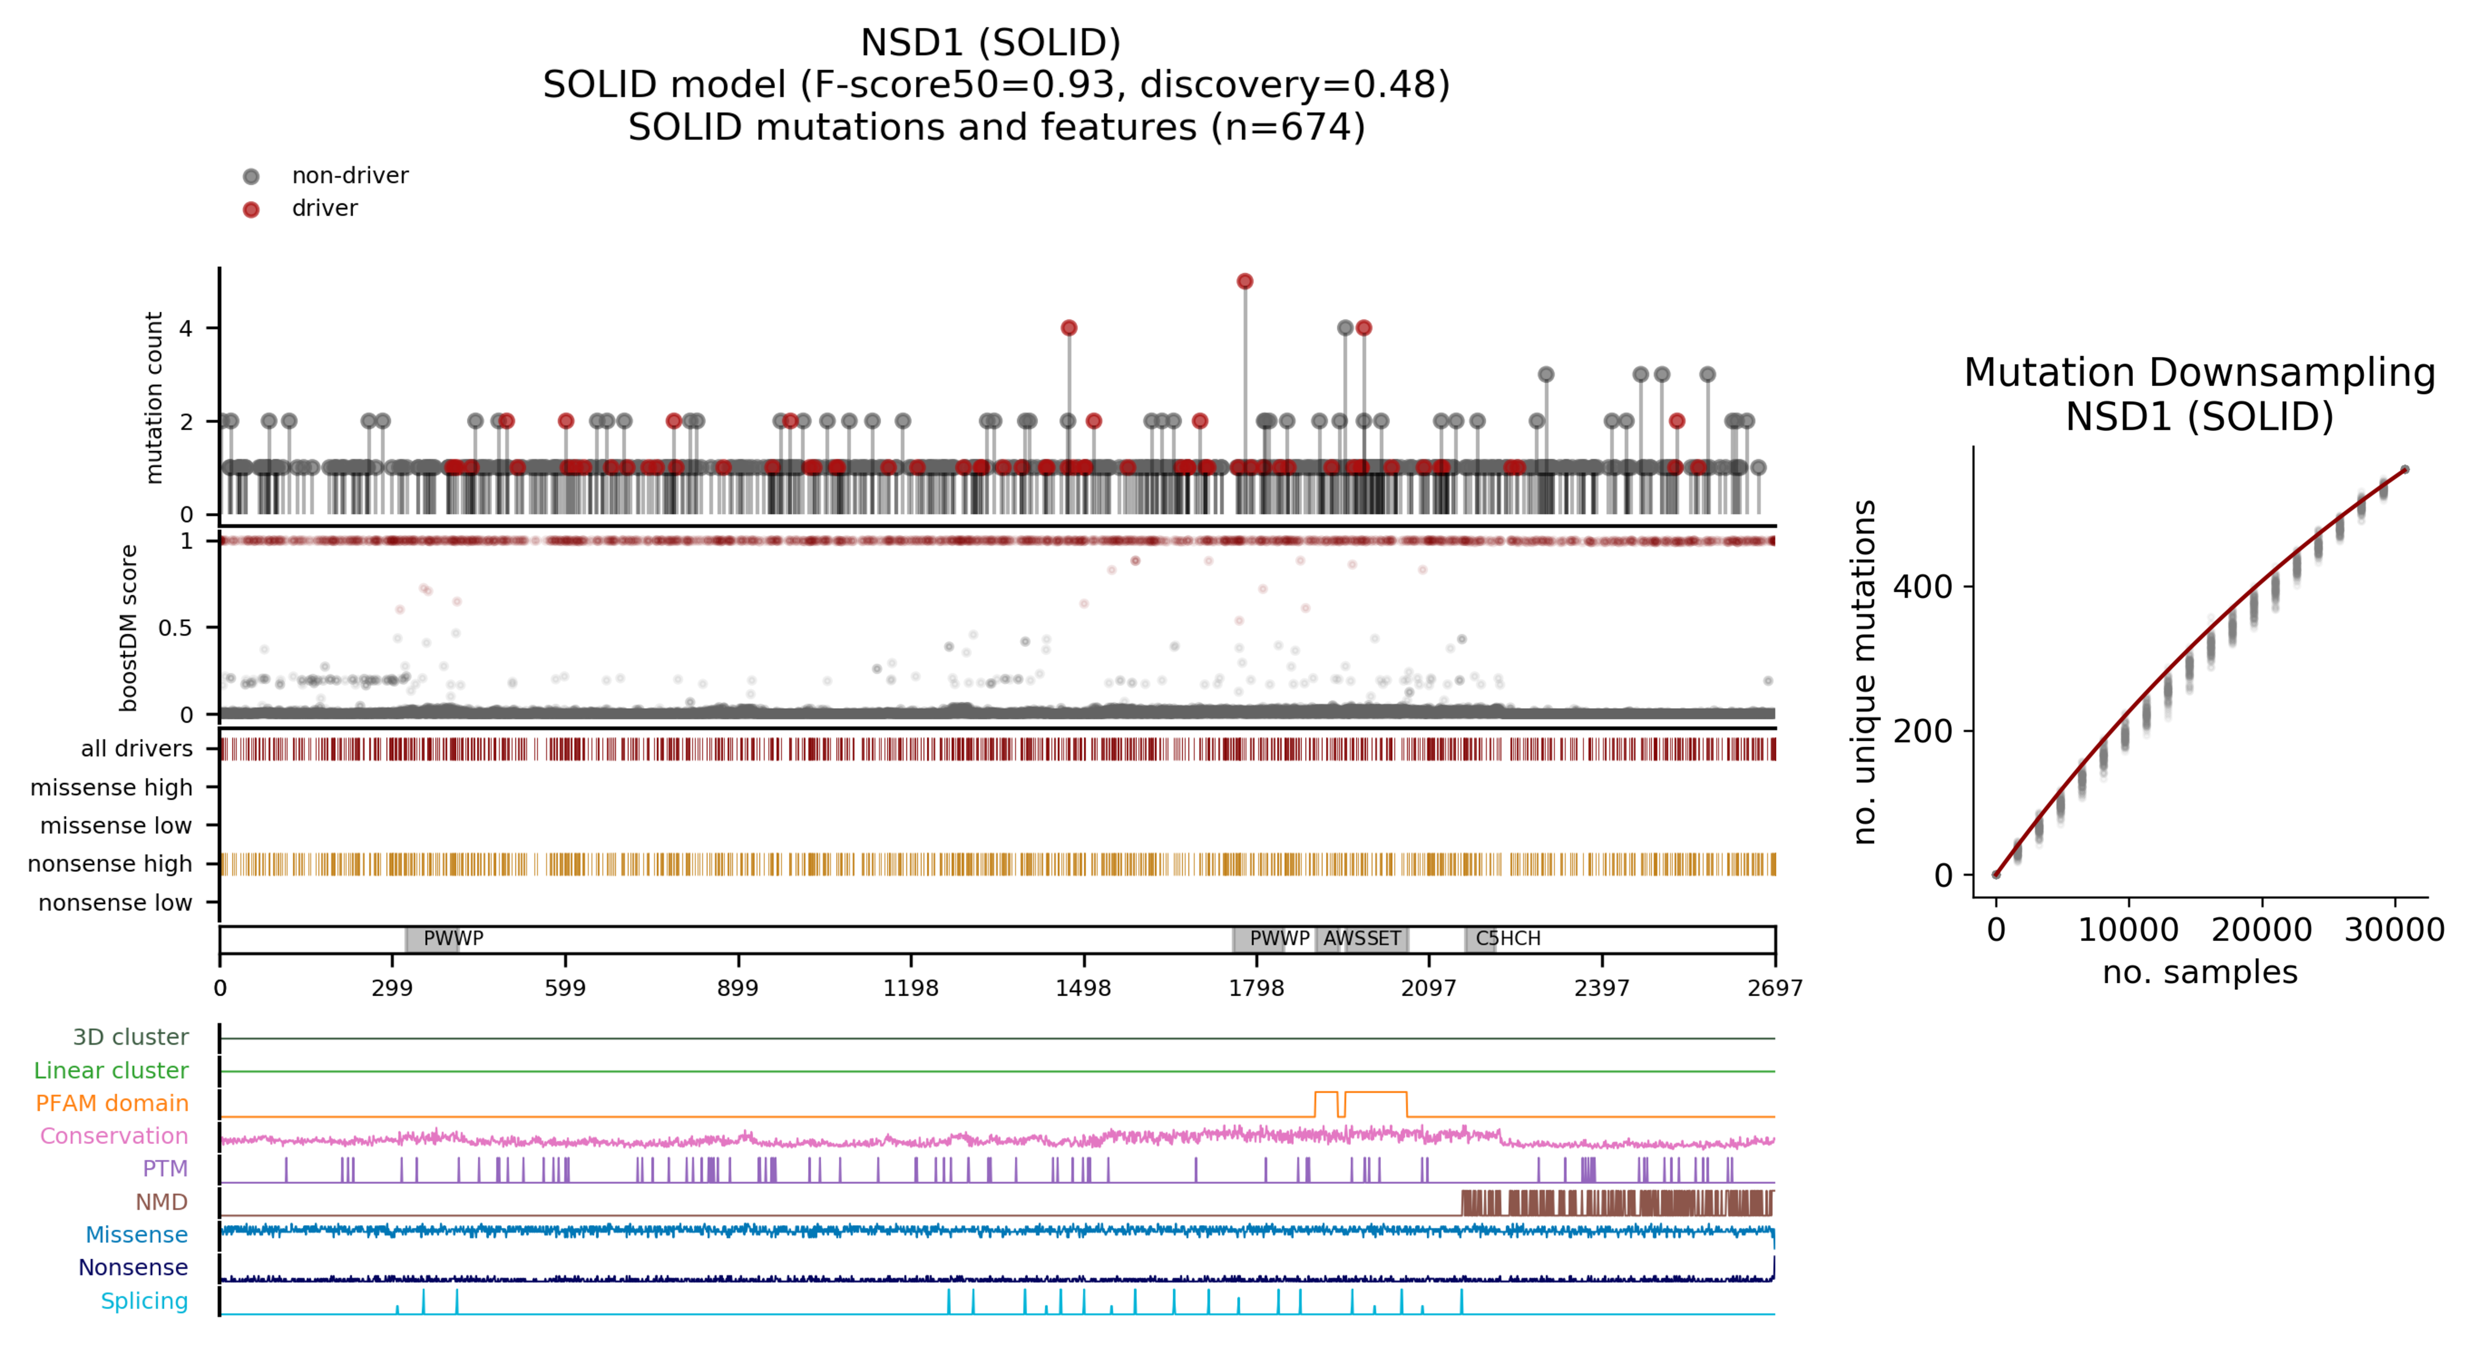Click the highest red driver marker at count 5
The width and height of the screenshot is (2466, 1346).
pos(1245,281)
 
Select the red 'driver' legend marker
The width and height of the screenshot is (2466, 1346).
pos(251,209)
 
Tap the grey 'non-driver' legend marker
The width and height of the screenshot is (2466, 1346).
pos(251,176)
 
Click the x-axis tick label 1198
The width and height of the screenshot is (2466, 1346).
pos(910,988)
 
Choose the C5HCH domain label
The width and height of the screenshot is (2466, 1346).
pos(1508,938)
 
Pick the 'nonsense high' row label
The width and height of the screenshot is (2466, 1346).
pos(110,863)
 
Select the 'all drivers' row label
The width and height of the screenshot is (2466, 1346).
pos(137,749)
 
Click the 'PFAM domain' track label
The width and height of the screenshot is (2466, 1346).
pos(112,1103)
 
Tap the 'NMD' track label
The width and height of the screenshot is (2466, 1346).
pos(161,1201)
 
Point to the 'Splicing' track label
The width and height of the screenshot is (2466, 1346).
pos(145,1301)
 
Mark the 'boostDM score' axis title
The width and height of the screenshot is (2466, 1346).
pos(128,628)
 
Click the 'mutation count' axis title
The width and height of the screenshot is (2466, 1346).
pos(153,397)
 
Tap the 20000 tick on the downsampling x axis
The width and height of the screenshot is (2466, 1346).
pos(2261,930)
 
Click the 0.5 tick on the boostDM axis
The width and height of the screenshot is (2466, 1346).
pos(175,628)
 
